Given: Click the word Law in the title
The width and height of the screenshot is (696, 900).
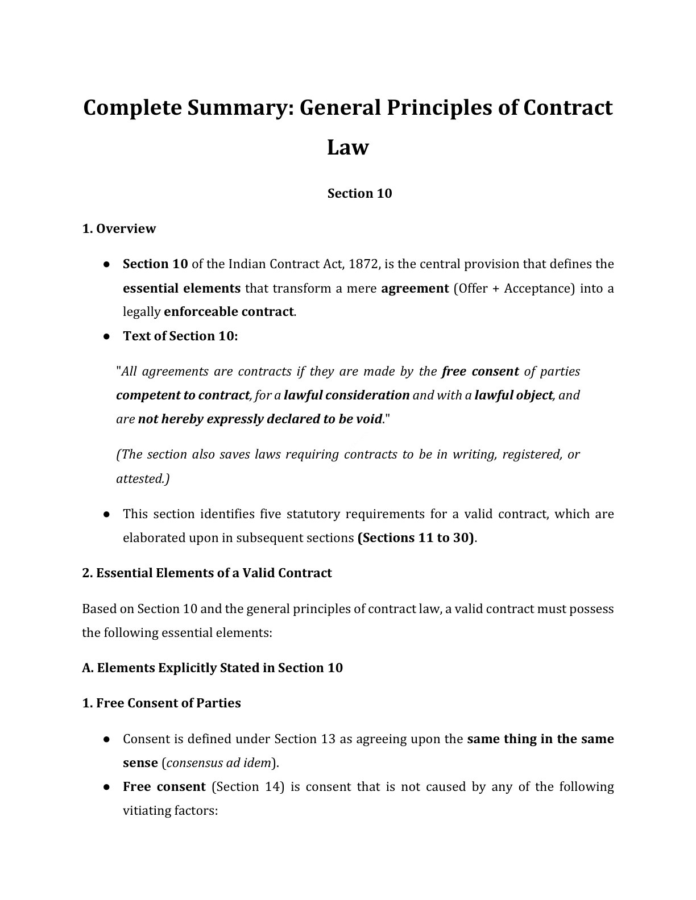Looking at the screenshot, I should coord(347,147).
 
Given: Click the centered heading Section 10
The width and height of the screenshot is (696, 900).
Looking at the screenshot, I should coord(359,193).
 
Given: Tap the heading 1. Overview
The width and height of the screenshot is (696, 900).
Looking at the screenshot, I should coord(119,228).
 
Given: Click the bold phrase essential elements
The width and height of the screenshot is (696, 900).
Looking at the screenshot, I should coord(181,288).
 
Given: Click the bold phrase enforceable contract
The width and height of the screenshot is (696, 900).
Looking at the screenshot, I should coord(229,312).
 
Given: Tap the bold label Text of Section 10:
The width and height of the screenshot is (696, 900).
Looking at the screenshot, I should coord(180,336).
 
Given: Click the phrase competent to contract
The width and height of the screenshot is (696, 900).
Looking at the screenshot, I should coord(183,395).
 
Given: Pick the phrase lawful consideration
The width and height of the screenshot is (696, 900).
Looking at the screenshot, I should coord(347,395).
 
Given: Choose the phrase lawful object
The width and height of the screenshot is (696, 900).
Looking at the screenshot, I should coord(513,395).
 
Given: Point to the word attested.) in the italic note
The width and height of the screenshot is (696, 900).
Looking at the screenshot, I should coord(143,478).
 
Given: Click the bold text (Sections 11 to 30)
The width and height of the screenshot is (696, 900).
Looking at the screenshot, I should coord(416,537).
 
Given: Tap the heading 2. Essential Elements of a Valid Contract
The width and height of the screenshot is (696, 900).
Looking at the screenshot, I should coord(207,573).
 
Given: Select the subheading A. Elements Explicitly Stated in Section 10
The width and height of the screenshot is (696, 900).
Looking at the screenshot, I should coord(212,668).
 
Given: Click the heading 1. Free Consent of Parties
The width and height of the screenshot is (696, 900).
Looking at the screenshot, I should coord(161,703).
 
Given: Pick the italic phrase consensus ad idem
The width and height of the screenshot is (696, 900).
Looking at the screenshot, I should coord(234,763).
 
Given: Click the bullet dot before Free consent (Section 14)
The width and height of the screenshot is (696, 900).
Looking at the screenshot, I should coord(106,788).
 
